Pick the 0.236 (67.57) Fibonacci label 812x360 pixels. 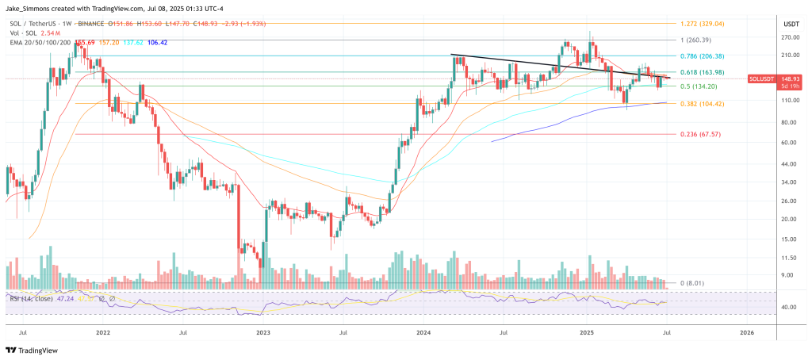pos(705,135)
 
